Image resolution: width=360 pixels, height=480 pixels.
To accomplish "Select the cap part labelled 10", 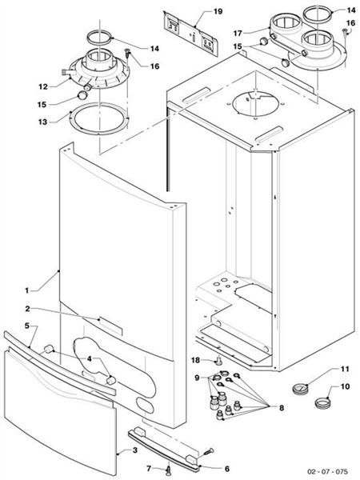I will [321, 398].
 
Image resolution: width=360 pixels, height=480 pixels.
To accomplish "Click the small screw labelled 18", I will [218, 361].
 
